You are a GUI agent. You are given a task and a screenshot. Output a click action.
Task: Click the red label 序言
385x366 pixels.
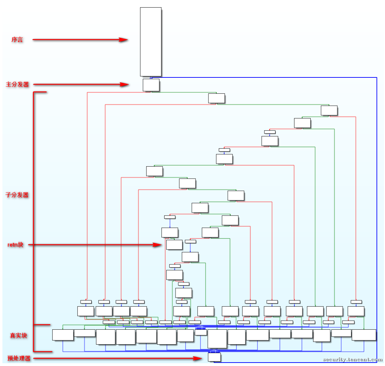click(x=17, y=39)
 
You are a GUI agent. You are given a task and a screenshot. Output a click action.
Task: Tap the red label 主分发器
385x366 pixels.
click(x=17, y=84)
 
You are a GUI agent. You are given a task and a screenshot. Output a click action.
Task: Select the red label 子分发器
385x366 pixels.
click(x=17, y=195)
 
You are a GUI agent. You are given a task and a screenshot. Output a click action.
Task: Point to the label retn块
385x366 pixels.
click(x=16, y=245)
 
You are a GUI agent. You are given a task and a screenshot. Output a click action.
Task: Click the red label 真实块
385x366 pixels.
click(x=18, y=336)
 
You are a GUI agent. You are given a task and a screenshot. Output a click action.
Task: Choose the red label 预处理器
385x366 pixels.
click(x=19, y=358)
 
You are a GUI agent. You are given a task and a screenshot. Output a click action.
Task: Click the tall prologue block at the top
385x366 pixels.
click(x=151, y=42)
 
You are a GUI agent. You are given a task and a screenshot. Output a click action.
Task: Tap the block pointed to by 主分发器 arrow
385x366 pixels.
click(x=151, y=85)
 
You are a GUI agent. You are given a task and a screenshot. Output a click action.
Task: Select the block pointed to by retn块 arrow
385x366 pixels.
click(x=174, y=245)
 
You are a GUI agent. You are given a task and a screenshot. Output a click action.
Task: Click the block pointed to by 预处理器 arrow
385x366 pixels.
click(x=214, y=357)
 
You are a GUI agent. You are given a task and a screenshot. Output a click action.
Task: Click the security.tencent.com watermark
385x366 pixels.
click(x=353, y=360)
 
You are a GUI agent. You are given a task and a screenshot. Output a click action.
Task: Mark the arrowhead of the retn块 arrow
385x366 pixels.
click(x=157, y=245)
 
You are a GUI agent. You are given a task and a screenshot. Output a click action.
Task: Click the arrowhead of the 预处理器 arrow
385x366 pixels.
click(x=198, y=358)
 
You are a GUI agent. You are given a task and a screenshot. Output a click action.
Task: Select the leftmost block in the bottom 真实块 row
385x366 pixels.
click(x=63, y=335)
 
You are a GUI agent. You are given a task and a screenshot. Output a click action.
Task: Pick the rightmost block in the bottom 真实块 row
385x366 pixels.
click(x=364, y=335)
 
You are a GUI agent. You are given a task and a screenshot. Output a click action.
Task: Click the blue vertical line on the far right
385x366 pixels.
click(x=377, y=220)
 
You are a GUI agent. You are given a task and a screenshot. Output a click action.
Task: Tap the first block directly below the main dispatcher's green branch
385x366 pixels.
click(x=217, y=98)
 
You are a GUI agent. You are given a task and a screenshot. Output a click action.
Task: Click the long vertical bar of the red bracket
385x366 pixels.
click(x=34, y=222)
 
